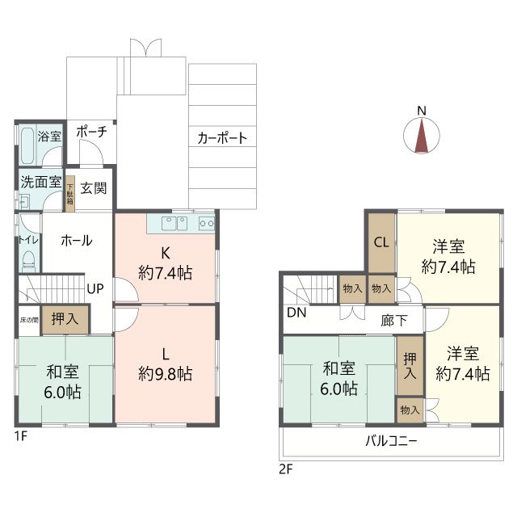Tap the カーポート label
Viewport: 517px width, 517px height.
(x=222, y=138)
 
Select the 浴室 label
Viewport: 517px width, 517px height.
(x=50, y=137)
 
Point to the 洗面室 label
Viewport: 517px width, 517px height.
(x=40, y=182)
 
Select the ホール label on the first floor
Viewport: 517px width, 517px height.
(x=75, y=240)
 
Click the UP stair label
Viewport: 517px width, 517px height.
(x=95, y=288)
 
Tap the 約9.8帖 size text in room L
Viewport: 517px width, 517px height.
(x=165, y=374)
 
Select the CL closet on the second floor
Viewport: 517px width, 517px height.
(x=380, y=241)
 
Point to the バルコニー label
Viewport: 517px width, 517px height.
(x=391, y=442)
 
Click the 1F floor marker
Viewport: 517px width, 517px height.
(x=19, y=435)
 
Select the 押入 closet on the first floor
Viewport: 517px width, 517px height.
(x=65, y=319)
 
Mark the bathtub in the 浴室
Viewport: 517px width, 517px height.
(x=27, y=146)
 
